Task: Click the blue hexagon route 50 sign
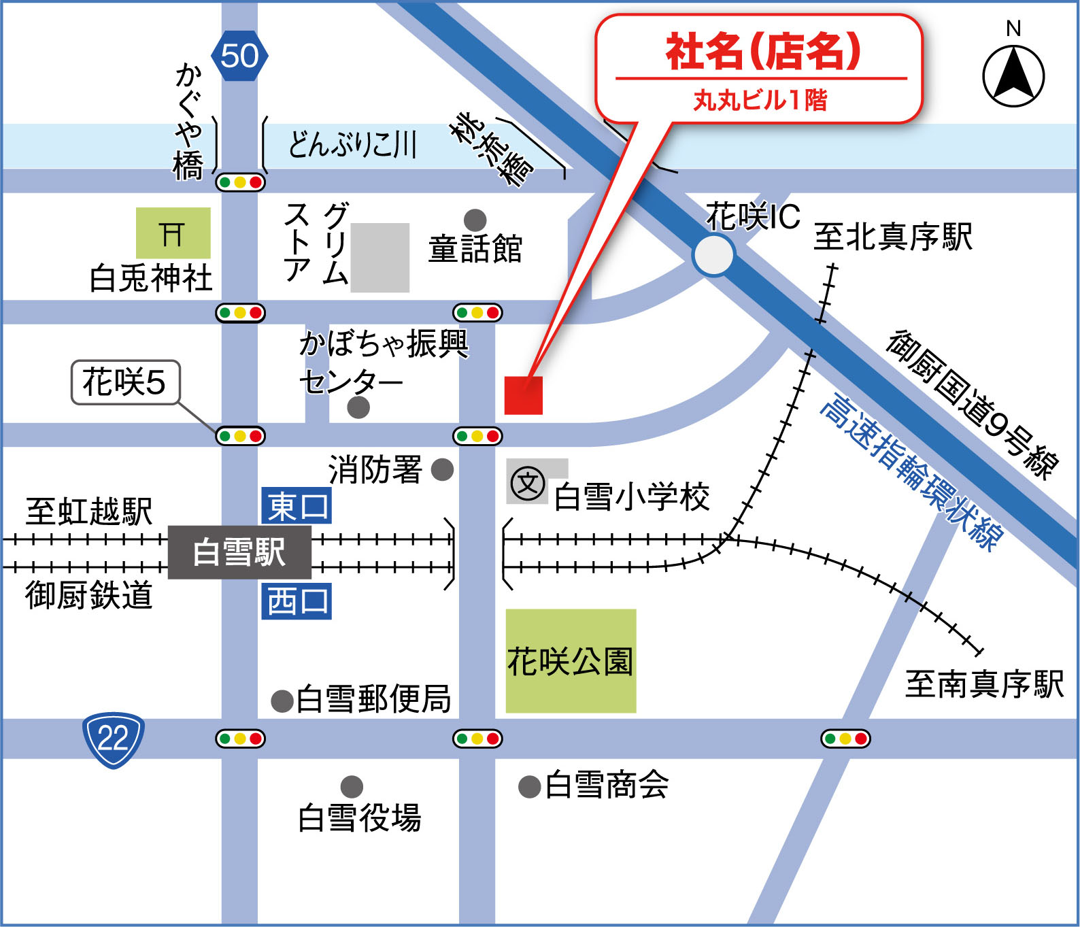(x=239, y=56)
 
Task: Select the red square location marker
(x=523, y=395)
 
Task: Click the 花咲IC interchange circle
(x=713, y=255)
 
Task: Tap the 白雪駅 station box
(x=239, y=552)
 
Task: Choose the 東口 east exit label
(x=297, y=506)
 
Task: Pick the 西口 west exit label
(x=297, y=601)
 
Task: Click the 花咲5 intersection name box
(x=125, y=382)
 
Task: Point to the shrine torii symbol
(x=173, y=233)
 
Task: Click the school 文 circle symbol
(x=528, y=484)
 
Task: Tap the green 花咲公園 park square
(x=571, y=660)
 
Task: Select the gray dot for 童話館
(x=475, y=220)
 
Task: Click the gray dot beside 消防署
(x=442, y=469)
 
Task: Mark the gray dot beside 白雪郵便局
(x=282, y=701)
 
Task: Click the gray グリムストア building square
(x=379, y=258)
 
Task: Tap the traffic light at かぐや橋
(x=240, y=182)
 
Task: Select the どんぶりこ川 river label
(x=352, y=144)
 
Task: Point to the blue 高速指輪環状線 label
(x=911, y=473)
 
